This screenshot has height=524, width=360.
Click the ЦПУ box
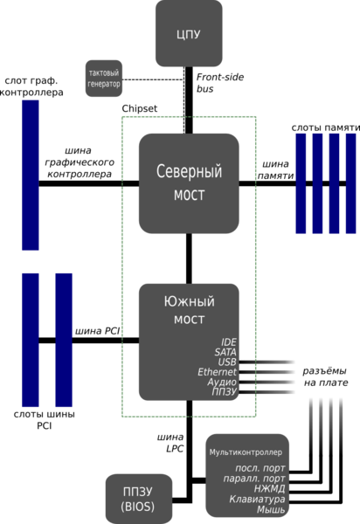click(x=189, y=33)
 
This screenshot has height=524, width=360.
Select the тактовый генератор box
click(x=104, y=79)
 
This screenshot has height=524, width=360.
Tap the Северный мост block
click(x=189, y=183)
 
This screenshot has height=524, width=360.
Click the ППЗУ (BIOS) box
click(x=139, y=499)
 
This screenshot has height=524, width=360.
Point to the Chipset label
click(x=140, y=108)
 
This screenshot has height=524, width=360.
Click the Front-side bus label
click(x=220, y=83)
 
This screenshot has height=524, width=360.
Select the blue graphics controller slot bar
click(x=31, y=176)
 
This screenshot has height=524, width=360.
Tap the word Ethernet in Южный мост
click(x=217, y=372)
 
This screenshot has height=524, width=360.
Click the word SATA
click(x=225, y=352)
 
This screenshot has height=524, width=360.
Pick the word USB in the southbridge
click(x=227, y=362)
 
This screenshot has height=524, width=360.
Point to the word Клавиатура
click(x=257, y=500)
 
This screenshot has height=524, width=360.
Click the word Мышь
click(x=271, y=510)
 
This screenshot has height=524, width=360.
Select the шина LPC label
click(x=170, y=443)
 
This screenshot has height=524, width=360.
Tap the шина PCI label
click(x=97, y=331)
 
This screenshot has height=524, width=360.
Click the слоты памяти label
click(x=326, y=128)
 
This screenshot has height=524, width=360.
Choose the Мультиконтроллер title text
click(x=246, y=452)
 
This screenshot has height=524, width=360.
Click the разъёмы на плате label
click(x=325, y=376)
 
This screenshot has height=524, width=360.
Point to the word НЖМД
click(x=269, y=489)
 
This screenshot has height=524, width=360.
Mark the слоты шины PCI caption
click(x=44, y=420)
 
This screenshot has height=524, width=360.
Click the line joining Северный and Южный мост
click(x=189, y=259)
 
